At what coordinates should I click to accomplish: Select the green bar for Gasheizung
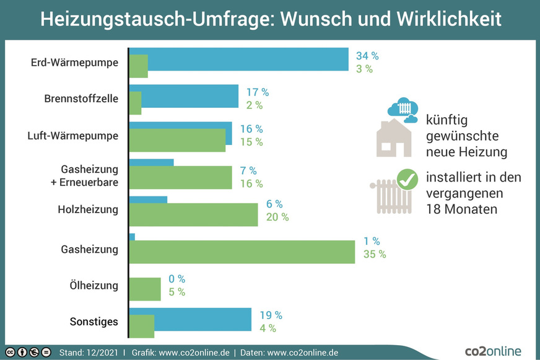pyautogui.click(x=242, y=252)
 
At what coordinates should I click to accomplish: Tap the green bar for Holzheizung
pyautogui.click(x=193, y=215)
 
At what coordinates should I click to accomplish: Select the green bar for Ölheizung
pyautogui.click(x=145, y=289)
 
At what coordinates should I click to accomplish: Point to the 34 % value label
pyautogui.click(x=367, y=56)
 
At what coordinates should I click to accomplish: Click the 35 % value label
pyautogui.click(x=374, y=254)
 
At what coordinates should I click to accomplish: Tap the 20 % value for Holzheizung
pyautogui.click(x=277, y=217)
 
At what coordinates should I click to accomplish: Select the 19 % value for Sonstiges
pyautogui.click(x=270, y=315)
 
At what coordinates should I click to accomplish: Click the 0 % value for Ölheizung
pyautogui.click(x=176, y=279)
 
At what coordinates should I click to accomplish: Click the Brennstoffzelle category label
pyautogui.click(x=81, y=99)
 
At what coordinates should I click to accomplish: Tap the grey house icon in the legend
pyautogui.click(x=395, y=138)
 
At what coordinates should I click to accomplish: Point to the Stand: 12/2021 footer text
pyautogui.click(x=89, y=353)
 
